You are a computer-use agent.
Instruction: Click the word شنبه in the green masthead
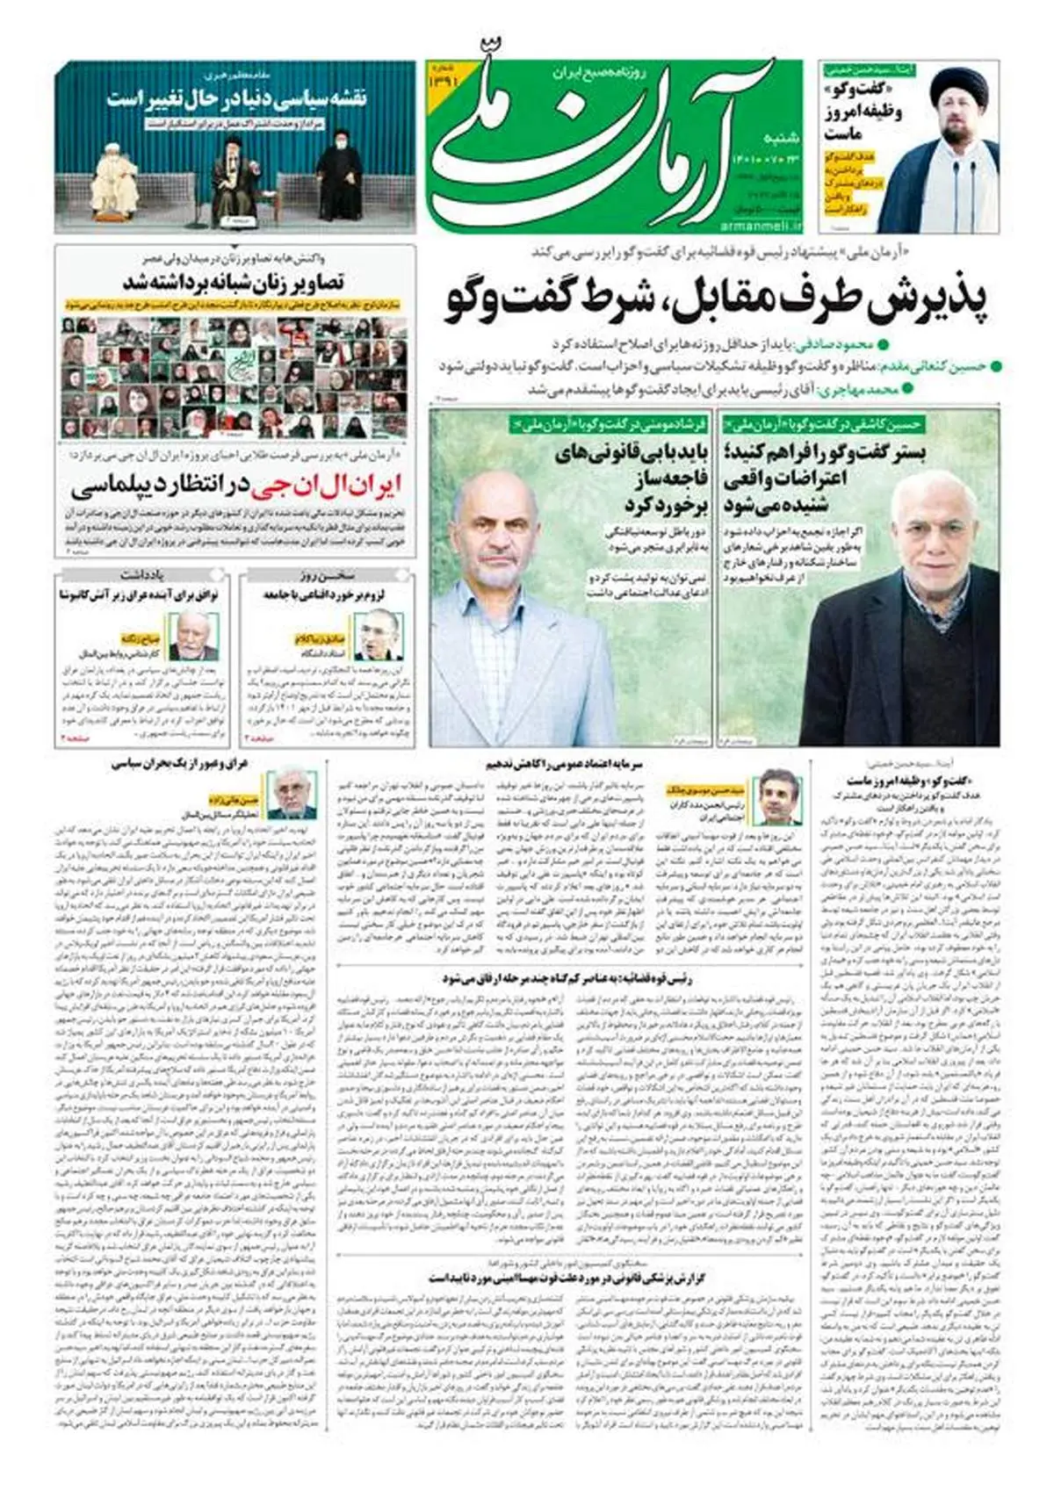tap(781, 138)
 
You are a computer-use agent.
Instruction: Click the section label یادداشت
tap(144, 576)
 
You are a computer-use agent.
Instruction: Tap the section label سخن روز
tap(328, 576)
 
